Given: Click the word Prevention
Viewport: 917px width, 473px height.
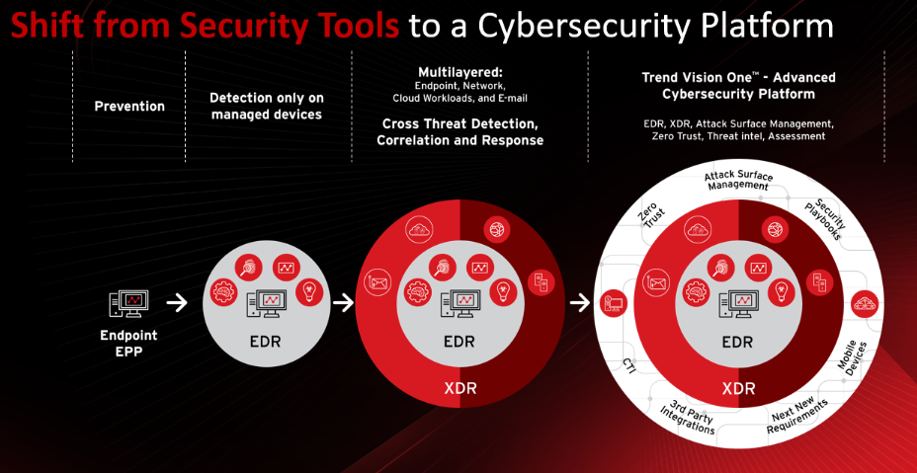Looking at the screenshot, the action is pos(129,107).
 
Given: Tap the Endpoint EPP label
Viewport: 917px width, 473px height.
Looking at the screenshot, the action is pos(128,344).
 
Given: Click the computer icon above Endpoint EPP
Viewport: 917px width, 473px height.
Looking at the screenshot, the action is pos(128,303).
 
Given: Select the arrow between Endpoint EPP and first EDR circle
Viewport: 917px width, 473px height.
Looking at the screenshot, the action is pos(177,303).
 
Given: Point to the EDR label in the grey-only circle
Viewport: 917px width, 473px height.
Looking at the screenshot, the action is pos(265,341).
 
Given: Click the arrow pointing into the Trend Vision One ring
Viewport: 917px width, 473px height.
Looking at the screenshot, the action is pos(580,302).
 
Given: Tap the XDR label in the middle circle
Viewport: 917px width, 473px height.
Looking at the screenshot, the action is pos(460,388).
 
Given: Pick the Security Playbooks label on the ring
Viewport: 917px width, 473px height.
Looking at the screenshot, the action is pos(826,220).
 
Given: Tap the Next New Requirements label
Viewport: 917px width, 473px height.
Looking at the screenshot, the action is pos(798,417).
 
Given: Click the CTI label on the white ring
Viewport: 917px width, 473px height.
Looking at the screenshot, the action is pos(629,365).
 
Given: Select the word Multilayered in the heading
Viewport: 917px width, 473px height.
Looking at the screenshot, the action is pos(460,72).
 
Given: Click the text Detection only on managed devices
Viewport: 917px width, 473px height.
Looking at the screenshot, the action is pos(266,106).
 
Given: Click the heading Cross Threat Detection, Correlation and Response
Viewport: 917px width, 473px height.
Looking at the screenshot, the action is pos(460,132).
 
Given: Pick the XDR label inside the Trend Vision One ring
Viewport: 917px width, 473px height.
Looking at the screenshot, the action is pos(738,388).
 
